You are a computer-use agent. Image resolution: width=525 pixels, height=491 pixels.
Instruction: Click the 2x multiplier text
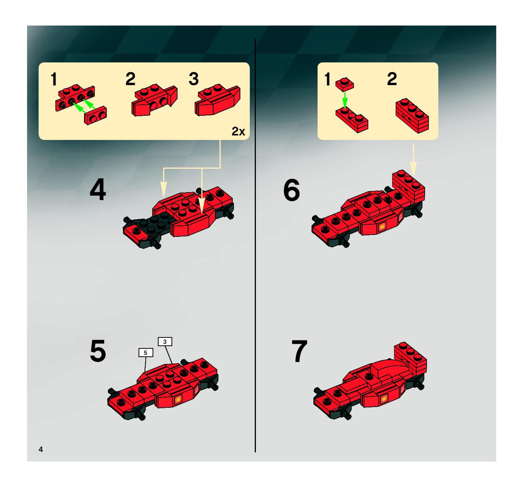tap(238, 131)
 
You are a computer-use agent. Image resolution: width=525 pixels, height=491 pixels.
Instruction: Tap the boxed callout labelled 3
tap(165, 342)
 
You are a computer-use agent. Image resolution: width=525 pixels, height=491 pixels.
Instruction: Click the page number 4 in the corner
tap(41, 449)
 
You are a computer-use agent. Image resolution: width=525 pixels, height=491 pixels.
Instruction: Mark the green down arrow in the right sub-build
tap(344, 100)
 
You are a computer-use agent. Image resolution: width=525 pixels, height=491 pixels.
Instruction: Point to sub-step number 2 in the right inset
tap(392, 79)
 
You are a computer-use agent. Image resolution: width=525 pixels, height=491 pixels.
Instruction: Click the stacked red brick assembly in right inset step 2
tap(412, 115)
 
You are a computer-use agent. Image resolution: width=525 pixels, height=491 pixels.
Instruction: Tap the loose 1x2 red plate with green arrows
tap(95, 115)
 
